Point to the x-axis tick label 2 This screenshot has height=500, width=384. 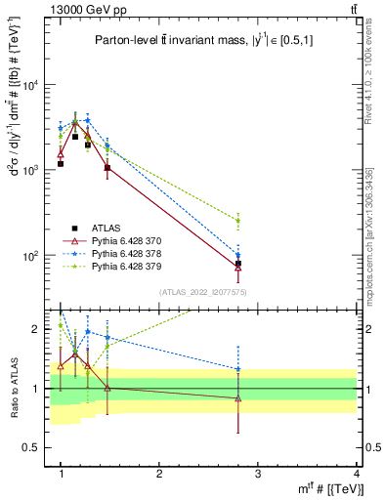159,474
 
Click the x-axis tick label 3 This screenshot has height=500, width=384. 258,474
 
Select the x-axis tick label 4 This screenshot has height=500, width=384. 356,474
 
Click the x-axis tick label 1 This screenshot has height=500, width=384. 61,474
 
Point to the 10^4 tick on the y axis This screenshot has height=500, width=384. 30,85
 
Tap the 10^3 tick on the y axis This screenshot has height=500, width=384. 30,170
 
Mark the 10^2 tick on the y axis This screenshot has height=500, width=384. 30,256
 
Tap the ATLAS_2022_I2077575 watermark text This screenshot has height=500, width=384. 202,292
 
